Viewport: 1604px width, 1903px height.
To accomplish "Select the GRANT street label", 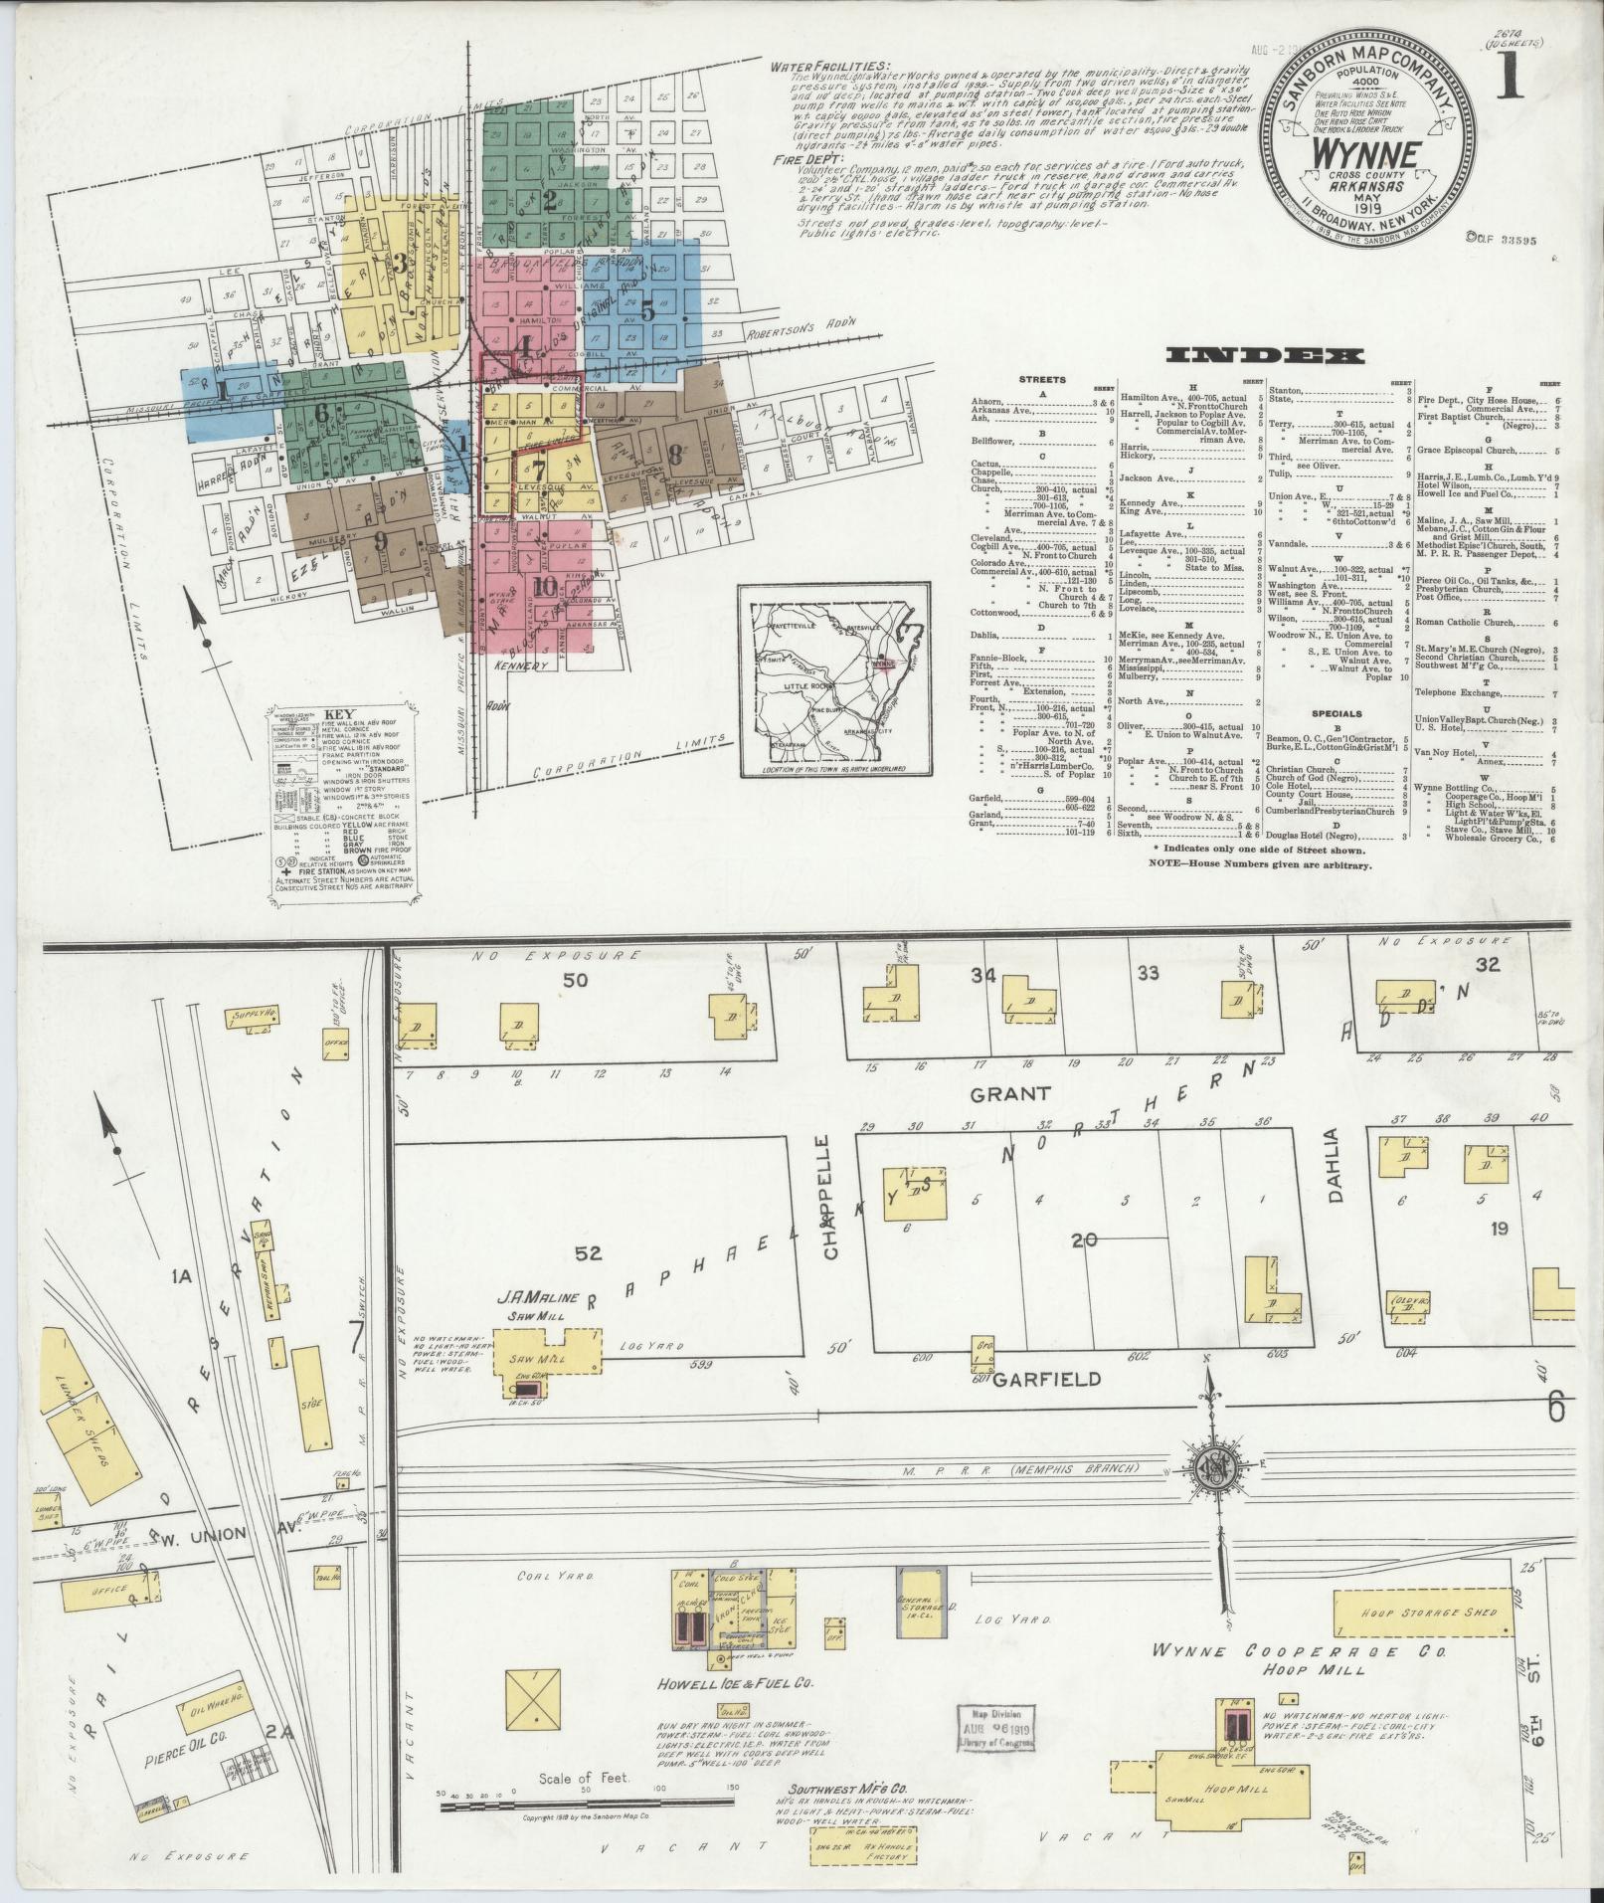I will coord(1010,1093).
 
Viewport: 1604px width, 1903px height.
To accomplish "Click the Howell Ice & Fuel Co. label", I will coord(737,1684).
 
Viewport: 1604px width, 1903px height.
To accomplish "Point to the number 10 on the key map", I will coord(544,586).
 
